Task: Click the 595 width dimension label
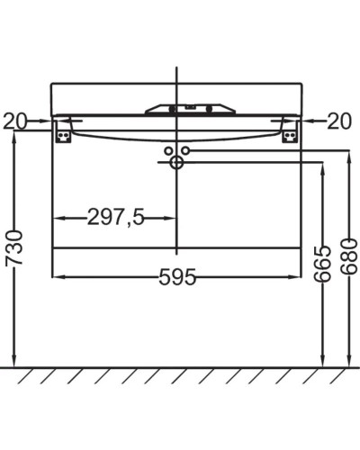pyautogui.click(x=177, y=277)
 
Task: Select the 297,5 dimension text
pyautogui.click(x=116, y=217)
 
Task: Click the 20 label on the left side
pyautogui.click(x=15, y=120)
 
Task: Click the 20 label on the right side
pyautogui.click(x=339, y=120)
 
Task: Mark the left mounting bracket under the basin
pyautogui.click(x=63, y=131)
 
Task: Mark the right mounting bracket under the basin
pyautogui.click(x=291, y=131)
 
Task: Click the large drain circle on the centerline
pyautogui.click(x=176, y=163)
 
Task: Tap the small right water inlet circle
pyautogui.click(x=184, y=150)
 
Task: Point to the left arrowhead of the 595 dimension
pyautogui.click(x=58, y=276)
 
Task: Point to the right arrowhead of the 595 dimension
pyautogui.click(x=296, y=276)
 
